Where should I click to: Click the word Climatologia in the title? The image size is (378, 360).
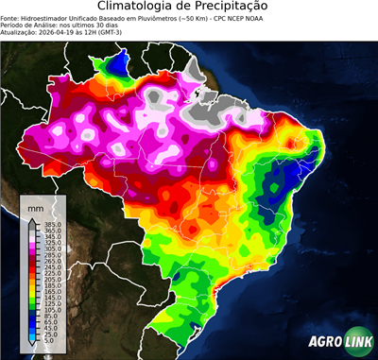[x=141, y=8]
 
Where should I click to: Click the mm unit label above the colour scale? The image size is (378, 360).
[x=36, y=207]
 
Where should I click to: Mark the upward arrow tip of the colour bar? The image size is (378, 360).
[x=31, y=220]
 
